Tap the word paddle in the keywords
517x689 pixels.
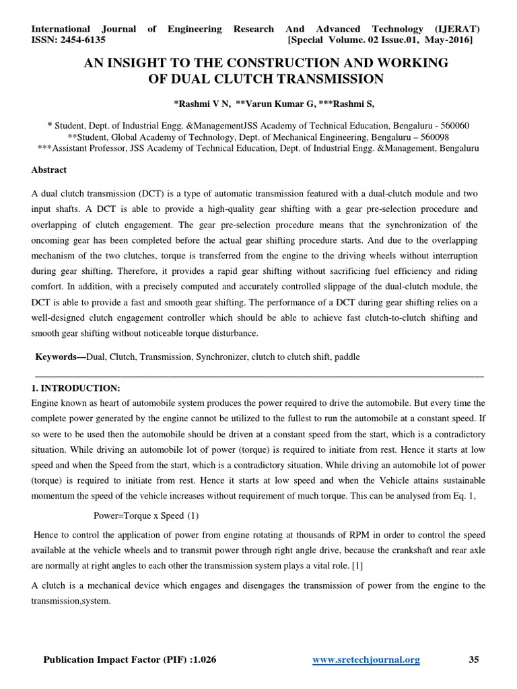[x=347, y=357]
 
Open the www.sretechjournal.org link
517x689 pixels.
[x=366, y=660]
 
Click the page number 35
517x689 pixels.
[x=474, y=660]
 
